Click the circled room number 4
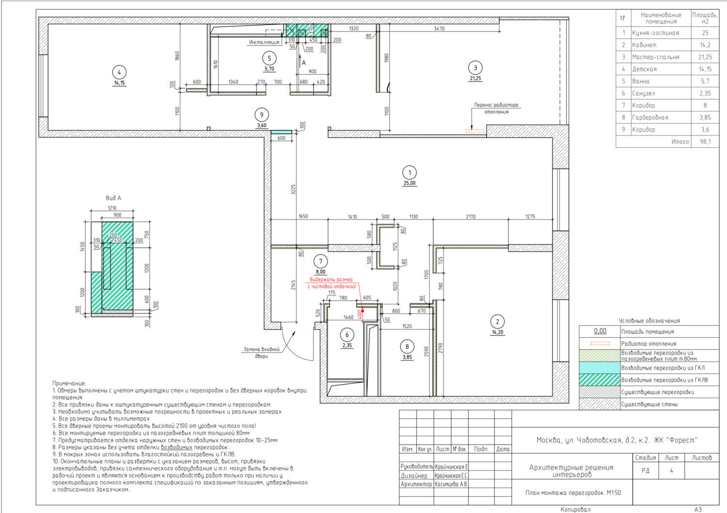[x=119, y=72]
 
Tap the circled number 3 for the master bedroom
[x=475, y=68]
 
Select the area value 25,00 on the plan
[x=410, y=183]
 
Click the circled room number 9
[x=262, y=114]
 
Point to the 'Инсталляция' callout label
[x=264, y=42]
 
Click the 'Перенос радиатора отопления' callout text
[x=496, y=108]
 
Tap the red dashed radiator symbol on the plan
[x=475, y=131]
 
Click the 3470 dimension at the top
[x=439, y=29]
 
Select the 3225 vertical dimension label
[x=293, y=189]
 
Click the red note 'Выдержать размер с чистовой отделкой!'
[x=332, y=283]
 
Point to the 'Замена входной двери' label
[x=262, y=353]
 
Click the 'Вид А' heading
[x=113, y=198]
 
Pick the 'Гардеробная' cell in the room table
[x=650, y=117]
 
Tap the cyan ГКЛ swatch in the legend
[x=600, y=368]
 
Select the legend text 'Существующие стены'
[x=649, y=404]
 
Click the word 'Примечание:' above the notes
[x=69, y=383]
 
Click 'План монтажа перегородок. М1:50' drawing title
[x=573, y=493]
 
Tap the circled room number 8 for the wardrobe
[x=407, y=347]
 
